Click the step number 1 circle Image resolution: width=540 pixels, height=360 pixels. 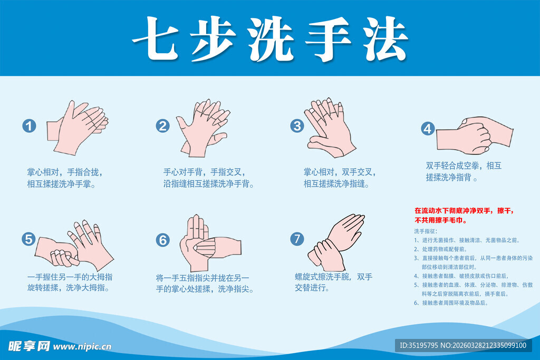coord(30,126)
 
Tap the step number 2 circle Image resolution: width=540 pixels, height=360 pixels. coord(163,125)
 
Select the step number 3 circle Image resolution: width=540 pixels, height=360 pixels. coord(297,125)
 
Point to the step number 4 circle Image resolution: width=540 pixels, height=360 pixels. coord(427,129)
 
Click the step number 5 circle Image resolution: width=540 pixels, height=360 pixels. coord(29,239)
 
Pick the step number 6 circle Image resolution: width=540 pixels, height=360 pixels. coord(163,240)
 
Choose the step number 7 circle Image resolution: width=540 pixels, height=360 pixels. coord(297,239)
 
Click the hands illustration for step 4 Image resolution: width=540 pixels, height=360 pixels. coord(475,133)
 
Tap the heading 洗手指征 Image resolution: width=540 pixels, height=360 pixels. coord(426,231)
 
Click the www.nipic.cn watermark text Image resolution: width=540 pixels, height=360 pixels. coord(83,346)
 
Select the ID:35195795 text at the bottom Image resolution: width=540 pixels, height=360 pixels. coord(420,346)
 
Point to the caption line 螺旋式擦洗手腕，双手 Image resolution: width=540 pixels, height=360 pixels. coord(333,277)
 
